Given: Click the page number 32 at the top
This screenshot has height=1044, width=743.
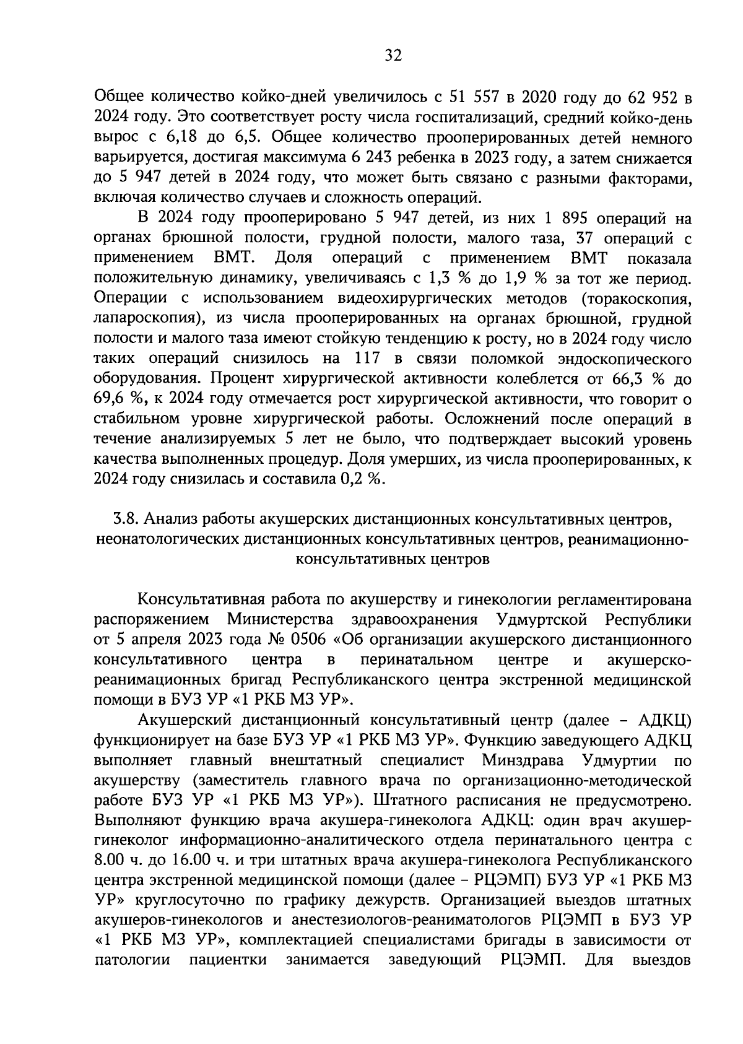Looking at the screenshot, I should [393, 56].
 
